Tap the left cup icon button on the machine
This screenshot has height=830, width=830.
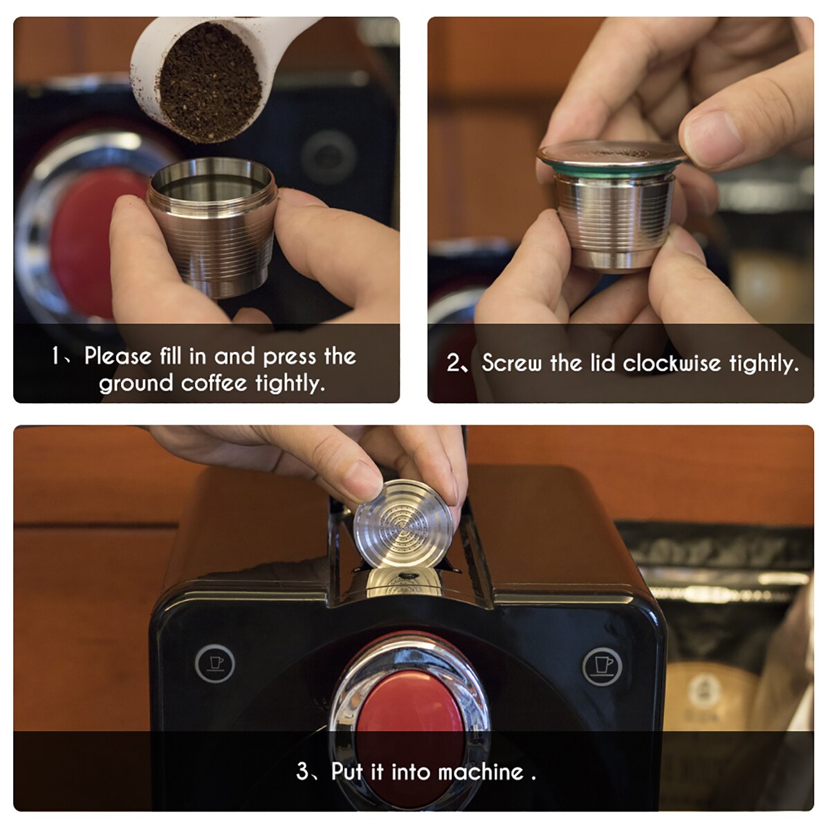coord(215,663)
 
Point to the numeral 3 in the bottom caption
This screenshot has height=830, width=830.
coord(302,771)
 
